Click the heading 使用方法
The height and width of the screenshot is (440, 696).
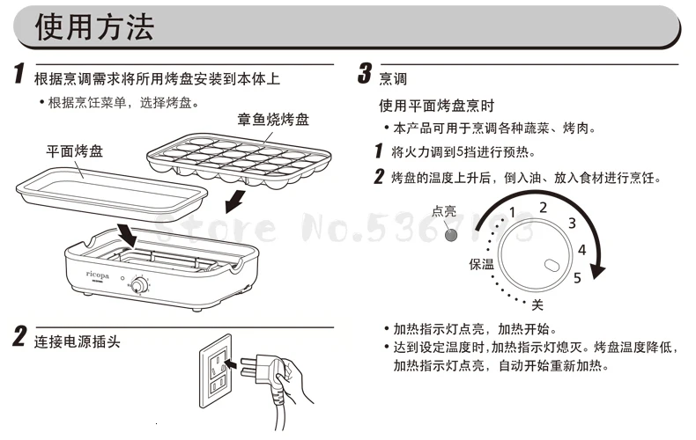coord(94,27)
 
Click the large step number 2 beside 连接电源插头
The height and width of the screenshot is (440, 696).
coord(19,337)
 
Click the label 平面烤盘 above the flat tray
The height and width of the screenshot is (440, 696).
coord(74,151)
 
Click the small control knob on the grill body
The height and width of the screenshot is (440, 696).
coord(137,285)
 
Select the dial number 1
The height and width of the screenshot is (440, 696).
coord(511,212)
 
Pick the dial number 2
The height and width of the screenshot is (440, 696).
coord(544,207)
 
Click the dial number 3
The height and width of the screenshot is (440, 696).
coord(572,224)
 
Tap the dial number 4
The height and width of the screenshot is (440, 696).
coord(581,250)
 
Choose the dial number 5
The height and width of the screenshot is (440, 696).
coord(577,278)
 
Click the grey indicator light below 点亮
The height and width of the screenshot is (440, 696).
coord(453,235)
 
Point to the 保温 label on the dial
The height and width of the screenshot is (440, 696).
coord(482,264)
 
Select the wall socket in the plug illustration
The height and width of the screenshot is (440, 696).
coord(218,367)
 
